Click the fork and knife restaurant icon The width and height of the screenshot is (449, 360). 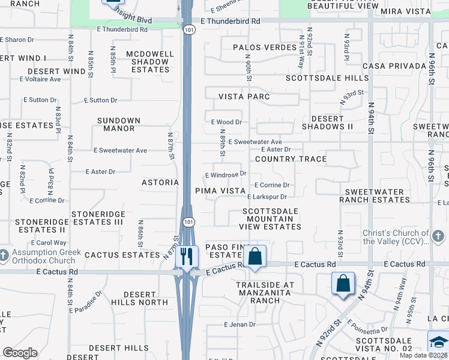click(187, 257)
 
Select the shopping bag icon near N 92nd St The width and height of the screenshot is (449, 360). click(343, 283)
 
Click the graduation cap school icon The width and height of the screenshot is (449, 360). click(438, 342)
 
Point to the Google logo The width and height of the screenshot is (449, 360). click(20, 353)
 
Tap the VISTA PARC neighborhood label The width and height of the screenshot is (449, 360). click(244, 97)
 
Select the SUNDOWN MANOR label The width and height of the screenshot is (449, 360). click(119, 125)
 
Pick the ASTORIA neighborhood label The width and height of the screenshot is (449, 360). click(160, 182)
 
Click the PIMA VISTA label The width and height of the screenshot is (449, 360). click(220, 191)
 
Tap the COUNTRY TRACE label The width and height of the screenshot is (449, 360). click(291, 159)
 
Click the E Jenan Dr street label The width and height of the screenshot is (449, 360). click(240, 325)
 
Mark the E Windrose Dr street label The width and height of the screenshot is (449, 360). click(226, 174)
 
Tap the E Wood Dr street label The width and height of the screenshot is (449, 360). click(226, 122)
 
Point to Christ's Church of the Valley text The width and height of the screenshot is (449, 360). click(396, 238)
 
